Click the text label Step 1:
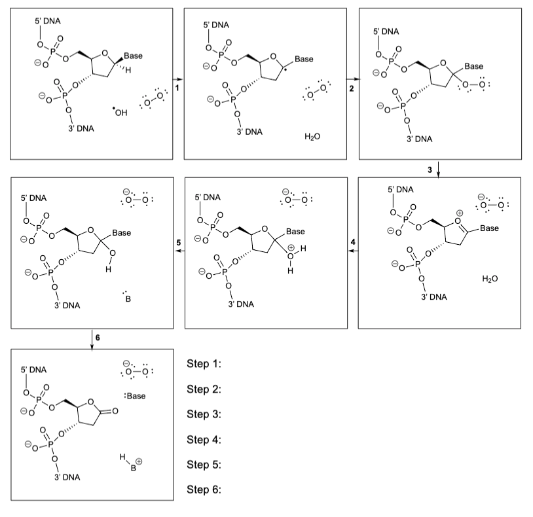tap(204, 364)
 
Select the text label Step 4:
tap(204, 440)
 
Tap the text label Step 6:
tap(204, 490)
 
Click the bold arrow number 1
tap(177, 88)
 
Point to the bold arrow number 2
tap(352, 88)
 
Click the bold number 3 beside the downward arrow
tap(430, 169)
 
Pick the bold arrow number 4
tap(353, 242)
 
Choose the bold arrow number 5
tap(179, 243)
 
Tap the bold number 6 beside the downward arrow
tap(98, 337)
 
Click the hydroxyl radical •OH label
tap(120, 112)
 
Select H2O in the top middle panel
tap(312, 137)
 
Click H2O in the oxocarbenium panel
tap(490, 279)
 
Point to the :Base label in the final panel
tap(136, 396)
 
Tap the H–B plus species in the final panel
tap(131, 462)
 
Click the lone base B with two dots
tap(127, 297)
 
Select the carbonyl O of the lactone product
tap(115, 411)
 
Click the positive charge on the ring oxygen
tap(459, 213)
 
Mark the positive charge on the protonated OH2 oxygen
tap(291, 248)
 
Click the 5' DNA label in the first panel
tap(48, 21)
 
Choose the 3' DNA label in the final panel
tap(67, 477)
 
